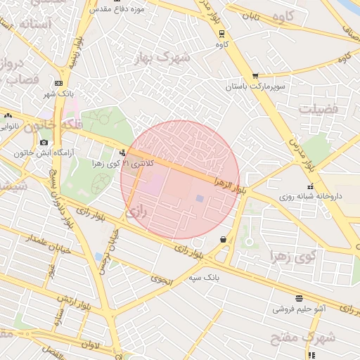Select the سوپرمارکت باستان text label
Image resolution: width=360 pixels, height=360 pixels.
(x=254, y=86)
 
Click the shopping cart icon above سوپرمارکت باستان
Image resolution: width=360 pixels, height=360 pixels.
(x=255, y=76)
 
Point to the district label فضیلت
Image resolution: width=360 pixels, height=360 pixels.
(x=318, y=109)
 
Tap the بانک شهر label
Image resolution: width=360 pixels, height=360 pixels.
(x=59, y=94)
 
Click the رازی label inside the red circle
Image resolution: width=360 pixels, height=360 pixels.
(x=136, y=211)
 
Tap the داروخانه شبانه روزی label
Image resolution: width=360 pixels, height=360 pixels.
(x=310, y=197)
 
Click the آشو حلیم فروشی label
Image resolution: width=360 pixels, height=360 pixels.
(x=298, y=308)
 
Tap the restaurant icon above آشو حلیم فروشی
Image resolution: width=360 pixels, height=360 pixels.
(x=299, y=298)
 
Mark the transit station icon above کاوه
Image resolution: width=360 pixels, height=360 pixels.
(x=222, y=33)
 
